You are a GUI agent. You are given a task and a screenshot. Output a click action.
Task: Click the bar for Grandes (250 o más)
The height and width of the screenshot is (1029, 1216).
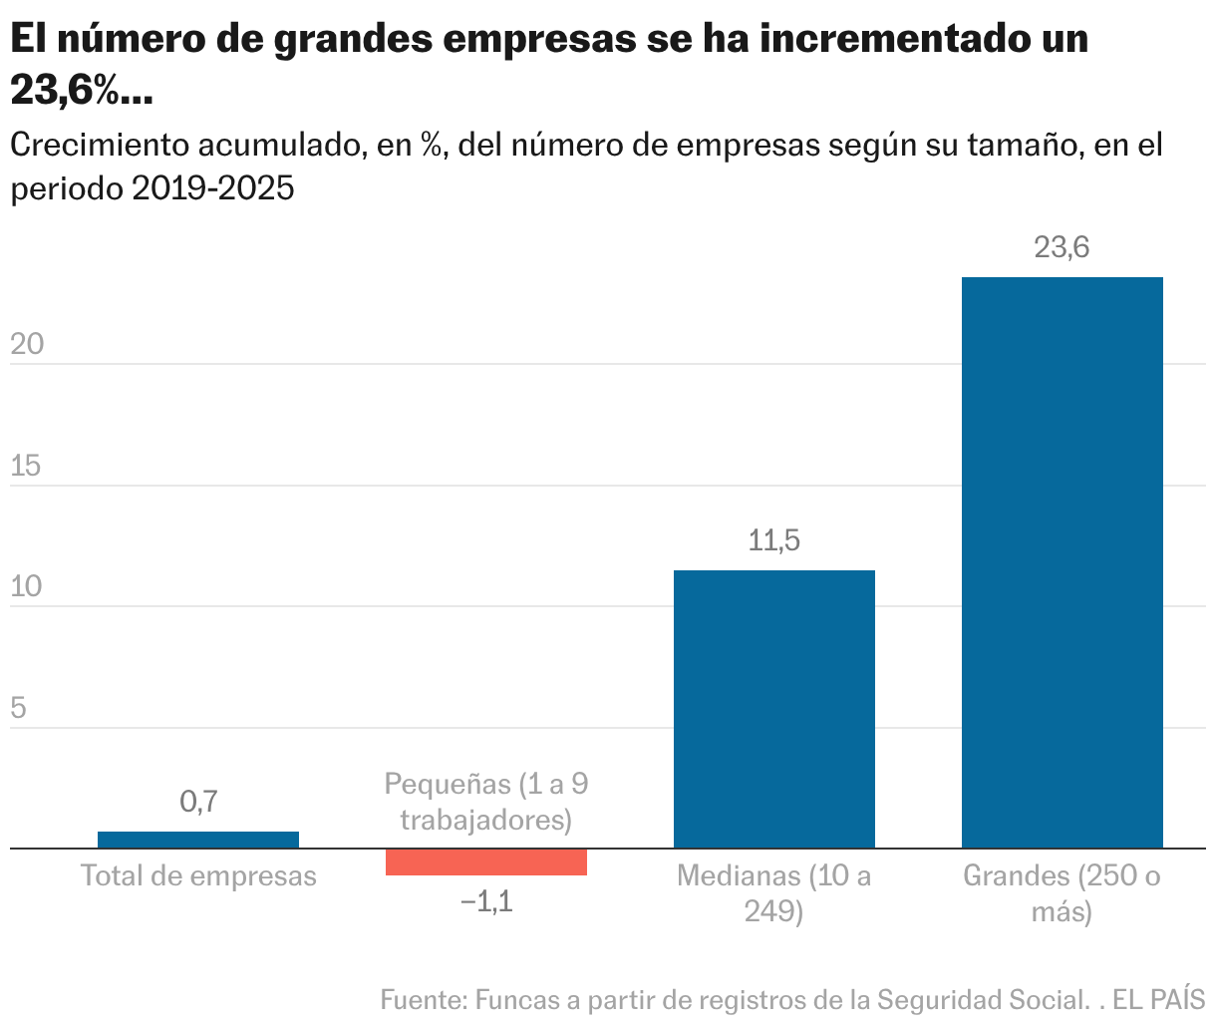tap(1062, 562)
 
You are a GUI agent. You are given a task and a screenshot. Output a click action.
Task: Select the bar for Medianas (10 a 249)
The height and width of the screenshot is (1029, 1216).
tap(774, 709)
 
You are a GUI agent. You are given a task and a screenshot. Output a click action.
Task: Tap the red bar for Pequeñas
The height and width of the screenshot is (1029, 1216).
tap(486, 862)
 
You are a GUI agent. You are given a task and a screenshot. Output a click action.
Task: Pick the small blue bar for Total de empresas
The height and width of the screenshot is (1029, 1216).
tap(198, 840)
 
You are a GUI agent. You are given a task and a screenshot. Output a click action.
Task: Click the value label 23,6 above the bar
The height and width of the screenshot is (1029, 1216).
tap(1062, 247)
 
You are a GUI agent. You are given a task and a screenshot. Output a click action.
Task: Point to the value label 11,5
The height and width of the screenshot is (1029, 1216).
tap(774, 541)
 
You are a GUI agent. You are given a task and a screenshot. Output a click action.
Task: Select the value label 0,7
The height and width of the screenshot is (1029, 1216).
tap(198, 802)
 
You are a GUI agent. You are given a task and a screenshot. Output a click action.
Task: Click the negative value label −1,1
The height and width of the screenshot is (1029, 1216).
tap(486, 902)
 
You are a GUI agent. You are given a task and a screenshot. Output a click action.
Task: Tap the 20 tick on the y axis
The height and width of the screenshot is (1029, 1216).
tap(27, 344)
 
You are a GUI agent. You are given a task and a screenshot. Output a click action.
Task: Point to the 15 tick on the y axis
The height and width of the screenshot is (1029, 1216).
tap(27, 466)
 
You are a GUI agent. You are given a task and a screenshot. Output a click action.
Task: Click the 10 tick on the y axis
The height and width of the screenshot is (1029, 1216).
tap(27, 586)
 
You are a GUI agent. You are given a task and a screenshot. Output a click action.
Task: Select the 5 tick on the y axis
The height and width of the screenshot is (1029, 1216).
tap(18, 708)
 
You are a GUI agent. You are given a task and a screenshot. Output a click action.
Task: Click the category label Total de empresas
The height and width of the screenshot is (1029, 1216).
tap(198, 876)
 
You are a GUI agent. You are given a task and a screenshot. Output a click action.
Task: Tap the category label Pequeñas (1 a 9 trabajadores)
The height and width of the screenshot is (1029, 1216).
tap(486, 802)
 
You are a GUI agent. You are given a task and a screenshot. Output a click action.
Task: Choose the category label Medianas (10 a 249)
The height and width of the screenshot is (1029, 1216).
tap(774, 893)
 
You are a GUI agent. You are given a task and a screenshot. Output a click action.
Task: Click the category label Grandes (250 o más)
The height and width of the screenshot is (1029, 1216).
tap(1062, 893)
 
